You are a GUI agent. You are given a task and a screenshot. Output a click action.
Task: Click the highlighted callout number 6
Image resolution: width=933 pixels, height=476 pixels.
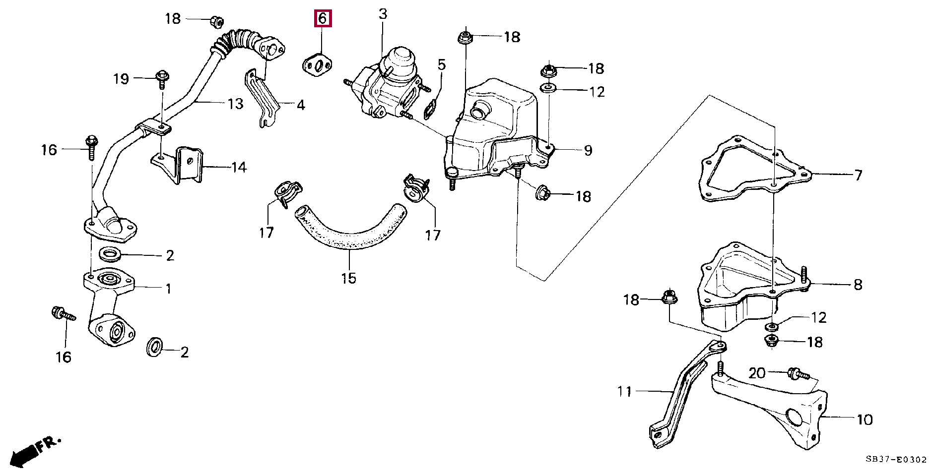(322, 19)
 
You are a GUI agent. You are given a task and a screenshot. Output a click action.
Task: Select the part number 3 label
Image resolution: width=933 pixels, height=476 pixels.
(383, 14)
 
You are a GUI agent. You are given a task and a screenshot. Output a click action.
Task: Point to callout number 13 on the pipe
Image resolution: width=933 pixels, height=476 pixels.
(235, 104)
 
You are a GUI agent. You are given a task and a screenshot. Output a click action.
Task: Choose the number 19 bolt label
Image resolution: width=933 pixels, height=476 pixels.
(121, 79)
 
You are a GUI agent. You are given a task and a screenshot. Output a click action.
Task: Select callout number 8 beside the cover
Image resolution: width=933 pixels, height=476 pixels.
(858, 285)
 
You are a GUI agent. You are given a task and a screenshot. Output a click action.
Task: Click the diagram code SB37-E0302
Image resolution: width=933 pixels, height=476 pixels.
(896, 460)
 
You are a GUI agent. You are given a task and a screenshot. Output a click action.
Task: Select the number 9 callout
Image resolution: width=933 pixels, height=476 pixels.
(588, 150)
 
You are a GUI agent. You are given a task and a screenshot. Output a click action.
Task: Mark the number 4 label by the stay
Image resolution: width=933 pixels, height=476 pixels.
(300, 105)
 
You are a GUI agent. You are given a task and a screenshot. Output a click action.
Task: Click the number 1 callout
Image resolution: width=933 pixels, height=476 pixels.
(168, 289)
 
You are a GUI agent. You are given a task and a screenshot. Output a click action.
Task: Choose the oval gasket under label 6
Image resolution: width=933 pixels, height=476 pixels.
(318, 65)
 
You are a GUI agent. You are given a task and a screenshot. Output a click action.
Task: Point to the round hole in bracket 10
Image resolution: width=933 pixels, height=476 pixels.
(794, 417)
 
